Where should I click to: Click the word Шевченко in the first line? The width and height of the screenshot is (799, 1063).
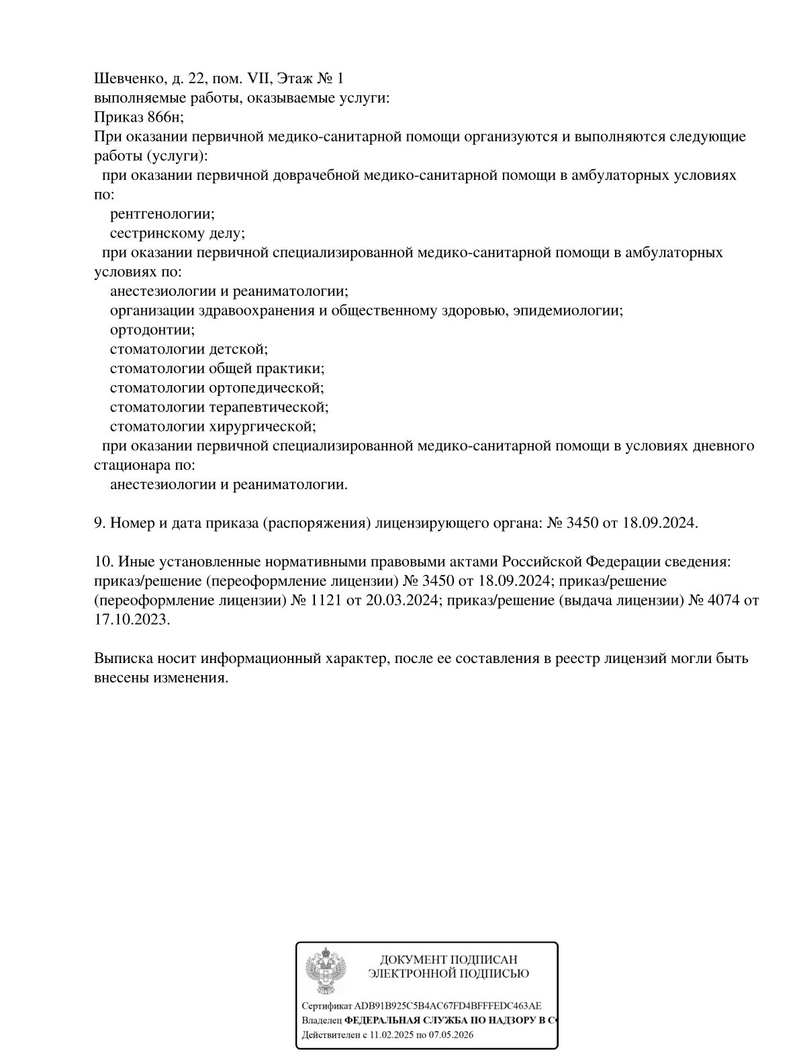[126, 79]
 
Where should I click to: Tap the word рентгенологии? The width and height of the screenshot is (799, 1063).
[162, 214]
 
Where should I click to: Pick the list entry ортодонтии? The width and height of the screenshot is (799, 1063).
[152, 330]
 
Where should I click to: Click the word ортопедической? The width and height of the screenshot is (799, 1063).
[267, 388]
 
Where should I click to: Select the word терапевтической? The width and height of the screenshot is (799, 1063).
[269, 407]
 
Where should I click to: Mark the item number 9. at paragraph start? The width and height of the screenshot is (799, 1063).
[99, 523]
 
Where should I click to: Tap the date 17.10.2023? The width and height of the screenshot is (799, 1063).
[132, 620]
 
